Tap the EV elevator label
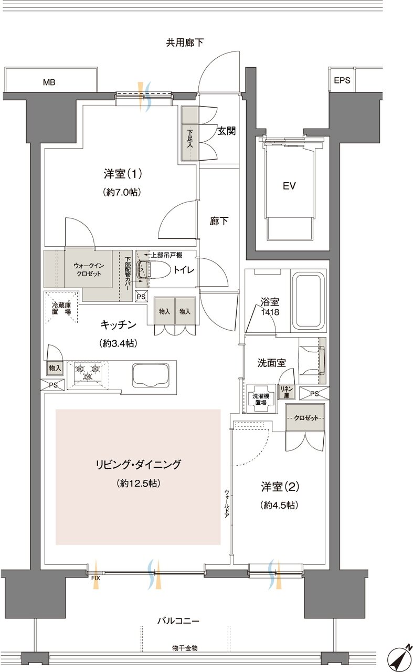(289, 186)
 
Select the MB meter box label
(49, 82)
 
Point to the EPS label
(342, 81)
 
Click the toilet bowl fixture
(152, 270)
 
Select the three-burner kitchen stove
(87, 373)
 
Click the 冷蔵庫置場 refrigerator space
(61, 307)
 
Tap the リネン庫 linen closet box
(287, 391)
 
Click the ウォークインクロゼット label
(88, 269)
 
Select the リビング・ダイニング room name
(138, 465)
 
